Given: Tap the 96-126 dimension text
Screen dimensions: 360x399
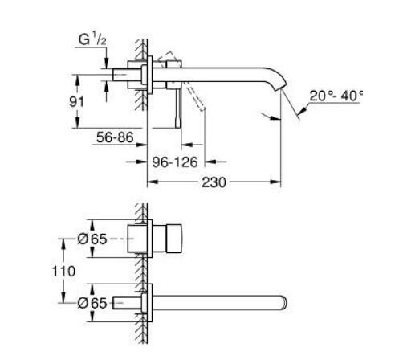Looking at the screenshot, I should pyautogui.click(x=176, y=162).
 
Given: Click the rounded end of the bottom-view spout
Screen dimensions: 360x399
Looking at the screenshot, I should pyautogui.click(x=283, y=303).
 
